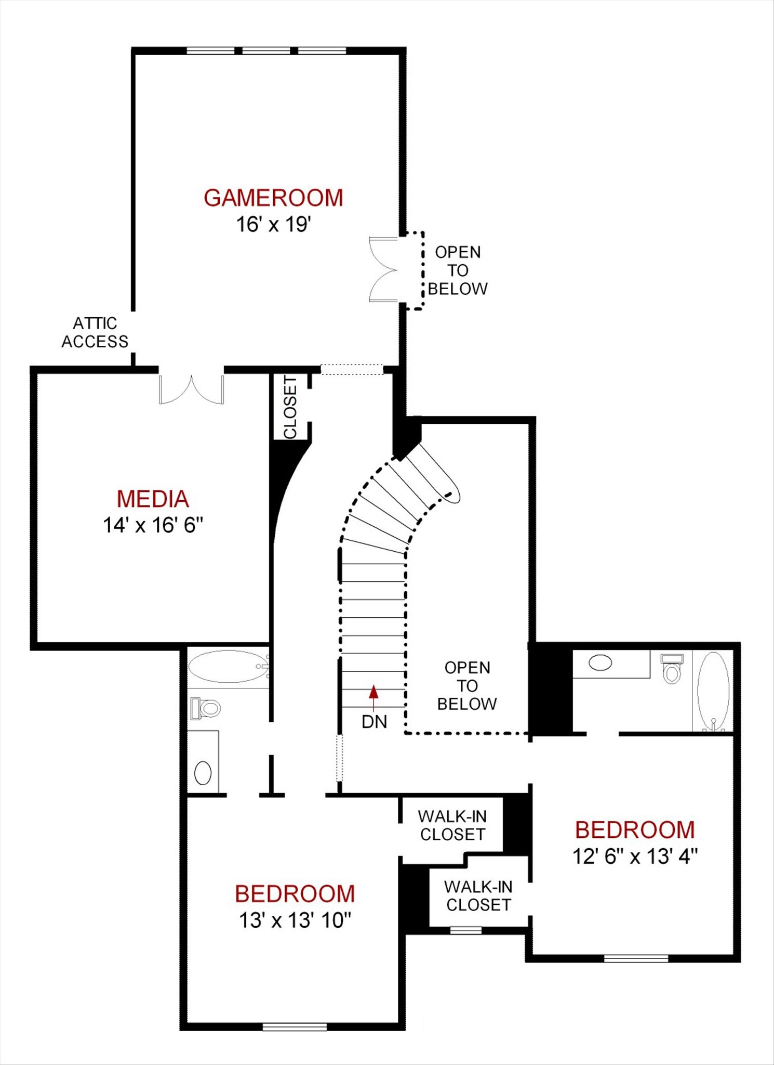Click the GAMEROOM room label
(x=273, y=198)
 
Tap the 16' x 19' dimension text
(x=274, y=225)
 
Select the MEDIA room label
(x=153, y=499)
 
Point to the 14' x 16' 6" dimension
(x=153, y=525)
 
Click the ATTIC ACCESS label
(x=95, y=332)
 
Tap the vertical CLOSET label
(x=290, y=407)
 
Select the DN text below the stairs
(x=375, y=722)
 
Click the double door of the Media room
(x=192, y=389)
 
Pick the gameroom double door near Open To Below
(x=383, y=269)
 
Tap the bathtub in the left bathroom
(x=229, y=667)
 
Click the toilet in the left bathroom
(x=206, y=708)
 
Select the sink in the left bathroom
(x=203, y=773)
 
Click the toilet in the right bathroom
(x=672, y=669)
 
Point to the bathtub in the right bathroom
(x=713, y=692)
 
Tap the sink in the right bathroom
(x=600, y=663)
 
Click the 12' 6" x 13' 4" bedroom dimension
(x=635, y=856)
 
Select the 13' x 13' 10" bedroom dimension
(x=295, y=920)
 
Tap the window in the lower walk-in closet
(x=465, y=930)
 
